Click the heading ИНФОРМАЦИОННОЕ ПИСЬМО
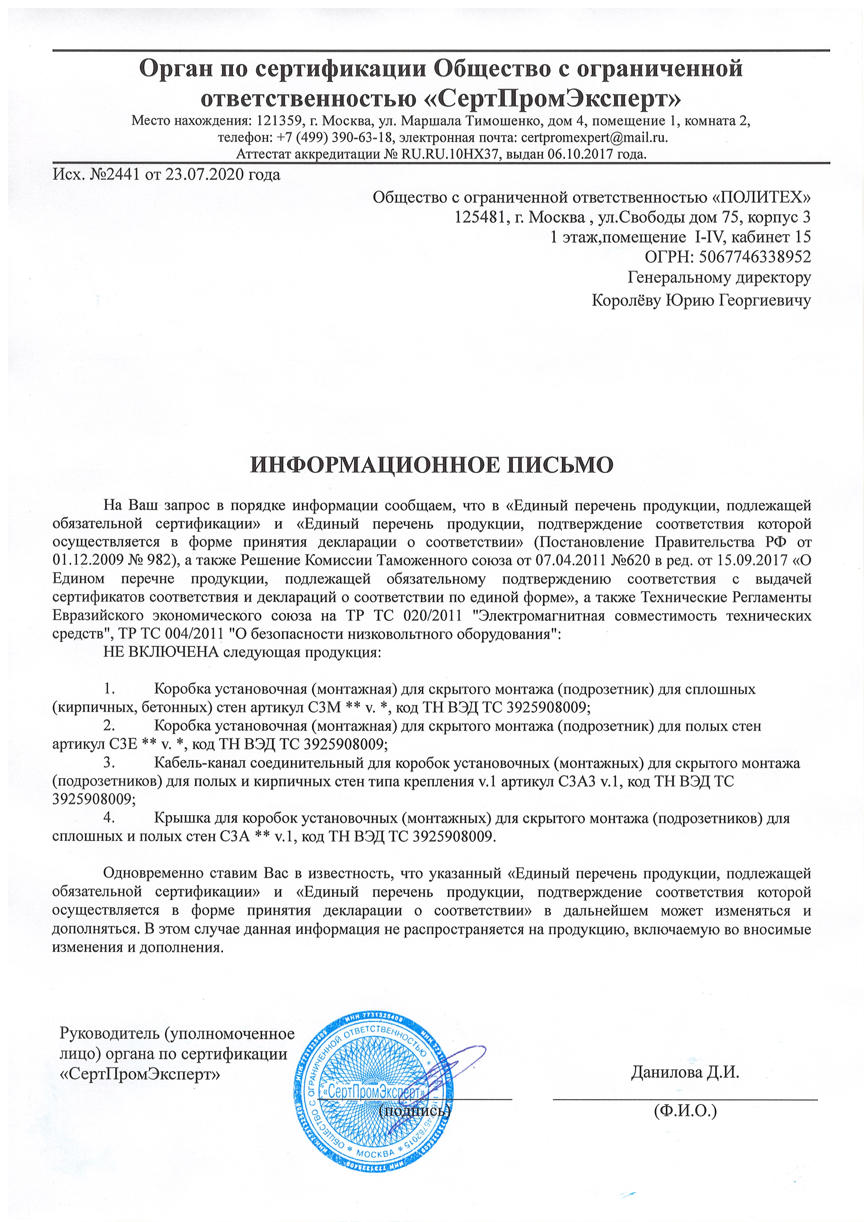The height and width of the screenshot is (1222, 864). click(432, 465)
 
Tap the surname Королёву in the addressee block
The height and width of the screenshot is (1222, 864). click(626, 301)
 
